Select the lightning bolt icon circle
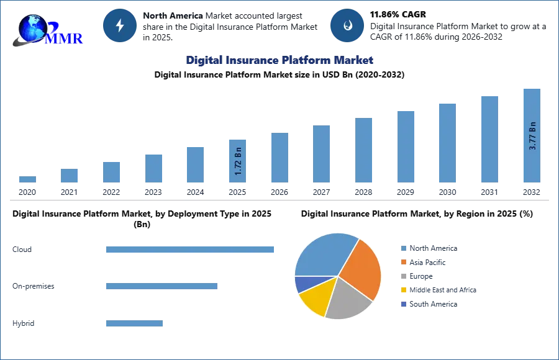click(120, 25)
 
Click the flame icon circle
click(347, 25)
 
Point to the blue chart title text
click(280, 61)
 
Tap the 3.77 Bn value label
click(532, 135)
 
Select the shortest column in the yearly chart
click(27, 179)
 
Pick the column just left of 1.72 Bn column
click(194, 164)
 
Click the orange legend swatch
click(402, 263)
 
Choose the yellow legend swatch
click(402, 289)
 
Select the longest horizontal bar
click(191, 249)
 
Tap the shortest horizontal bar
click(134, 323)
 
